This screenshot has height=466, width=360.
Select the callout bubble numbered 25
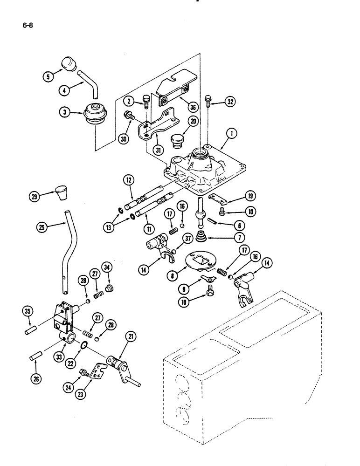pyautogui.click(x=42, y=227)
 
